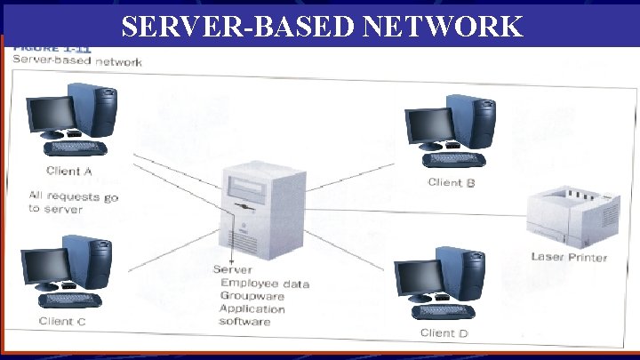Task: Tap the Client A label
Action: click(69, 171)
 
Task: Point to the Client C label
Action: click(62, 321)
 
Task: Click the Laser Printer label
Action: click(569, 257)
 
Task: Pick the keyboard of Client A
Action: click(76, 148)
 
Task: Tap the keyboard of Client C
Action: click(69, 300)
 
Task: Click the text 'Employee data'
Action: click(264, 284)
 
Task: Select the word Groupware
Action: click(253, 296)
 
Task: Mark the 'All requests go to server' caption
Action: click(72, 202)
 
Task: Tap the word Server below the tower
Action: click(232, 270)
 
